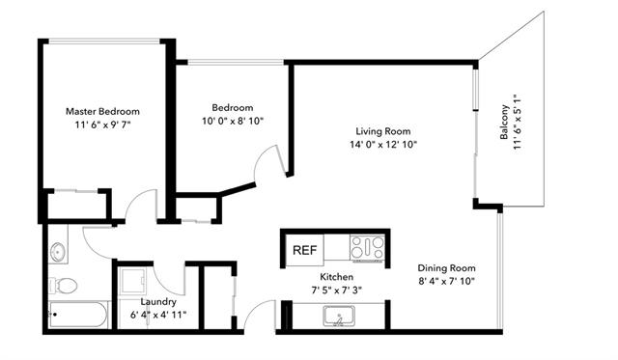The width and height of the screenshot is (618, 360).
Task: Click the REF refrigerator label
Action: click(x=305, y=250)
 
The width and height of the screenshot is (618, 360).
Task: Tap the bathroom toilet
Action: click(x=63, y=285)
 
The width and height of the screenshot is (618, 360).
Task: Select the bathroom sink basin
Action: click(x=58, y=251)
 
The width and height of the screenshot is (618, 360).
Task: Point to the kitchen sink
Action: click(x=339, y=316)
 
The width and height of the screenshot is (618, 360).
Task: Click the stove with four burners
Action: click(x=367, y=248)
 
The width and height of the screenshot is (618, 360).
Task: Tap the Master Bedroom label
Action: click(x=102, y=111)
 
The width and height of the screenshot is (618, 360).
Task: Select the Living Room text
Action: click(x=383, y=131)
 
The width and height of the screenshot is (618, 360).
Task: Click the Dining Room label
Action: click(x=446, y=268)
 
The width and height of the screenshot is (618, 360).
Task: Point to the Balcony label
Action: click(x=504, y=122)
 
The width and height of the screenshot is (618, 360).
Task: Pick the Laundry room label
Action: click(x=158, y=302)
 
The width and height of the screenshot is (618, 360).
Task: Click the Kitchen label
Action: click(x=336, y=276)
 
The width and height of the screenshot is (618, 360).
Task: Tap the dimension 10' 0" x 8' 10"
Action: click(x=233, y=121)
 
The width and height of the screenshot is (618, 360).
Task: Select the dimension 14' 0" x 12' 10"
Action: click(x=383, y=144)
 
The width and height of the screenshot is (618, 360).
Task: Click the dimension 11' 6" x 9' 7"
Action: click(x=102, y=125)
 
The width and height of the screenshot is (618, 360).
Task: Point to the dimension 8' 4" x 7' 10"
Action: click(x=446, y=281)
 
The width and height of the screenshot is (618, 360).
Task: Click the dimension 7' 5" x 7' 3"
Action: click(x=336, y=291)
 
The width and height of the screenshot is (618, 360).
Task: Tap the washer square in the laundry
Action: click(x=133, y=281)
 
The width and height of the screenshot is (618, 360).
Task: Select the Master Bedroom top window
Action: click(x=104, y=41)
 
